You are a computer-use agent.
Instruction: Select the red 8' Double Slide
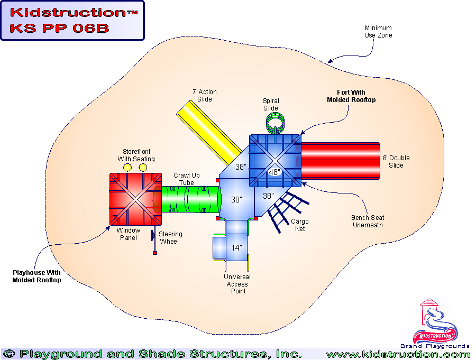341,161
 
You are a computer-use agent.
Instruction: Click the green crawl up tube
190,199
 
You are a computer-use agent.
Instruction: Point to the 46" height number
274,172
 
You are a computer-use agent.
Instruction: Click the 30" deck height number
236,200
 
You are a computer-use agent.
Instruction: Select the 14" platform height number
236,247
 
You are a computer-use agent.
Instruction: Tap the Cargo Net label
299,225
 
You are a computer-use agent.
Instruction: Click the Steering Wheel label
170,238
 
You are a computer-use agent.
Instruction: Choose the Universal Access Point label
237,284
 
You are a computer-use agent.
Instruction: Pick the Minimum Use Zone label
378,32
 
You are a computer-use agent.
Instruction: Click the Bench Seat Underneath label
368,221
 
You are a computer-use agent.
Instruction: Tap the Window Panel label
129,234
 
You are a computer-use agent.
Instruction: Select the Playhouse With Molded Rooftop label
36,276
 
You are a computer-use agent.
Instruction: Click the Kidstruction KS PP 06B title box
72,21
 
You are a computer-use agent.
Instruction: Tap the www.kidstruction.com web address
398,354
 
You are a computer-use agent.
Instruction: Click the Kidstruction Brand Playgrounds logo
435,325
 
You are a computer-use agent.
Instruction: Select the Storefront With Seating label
136,155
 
